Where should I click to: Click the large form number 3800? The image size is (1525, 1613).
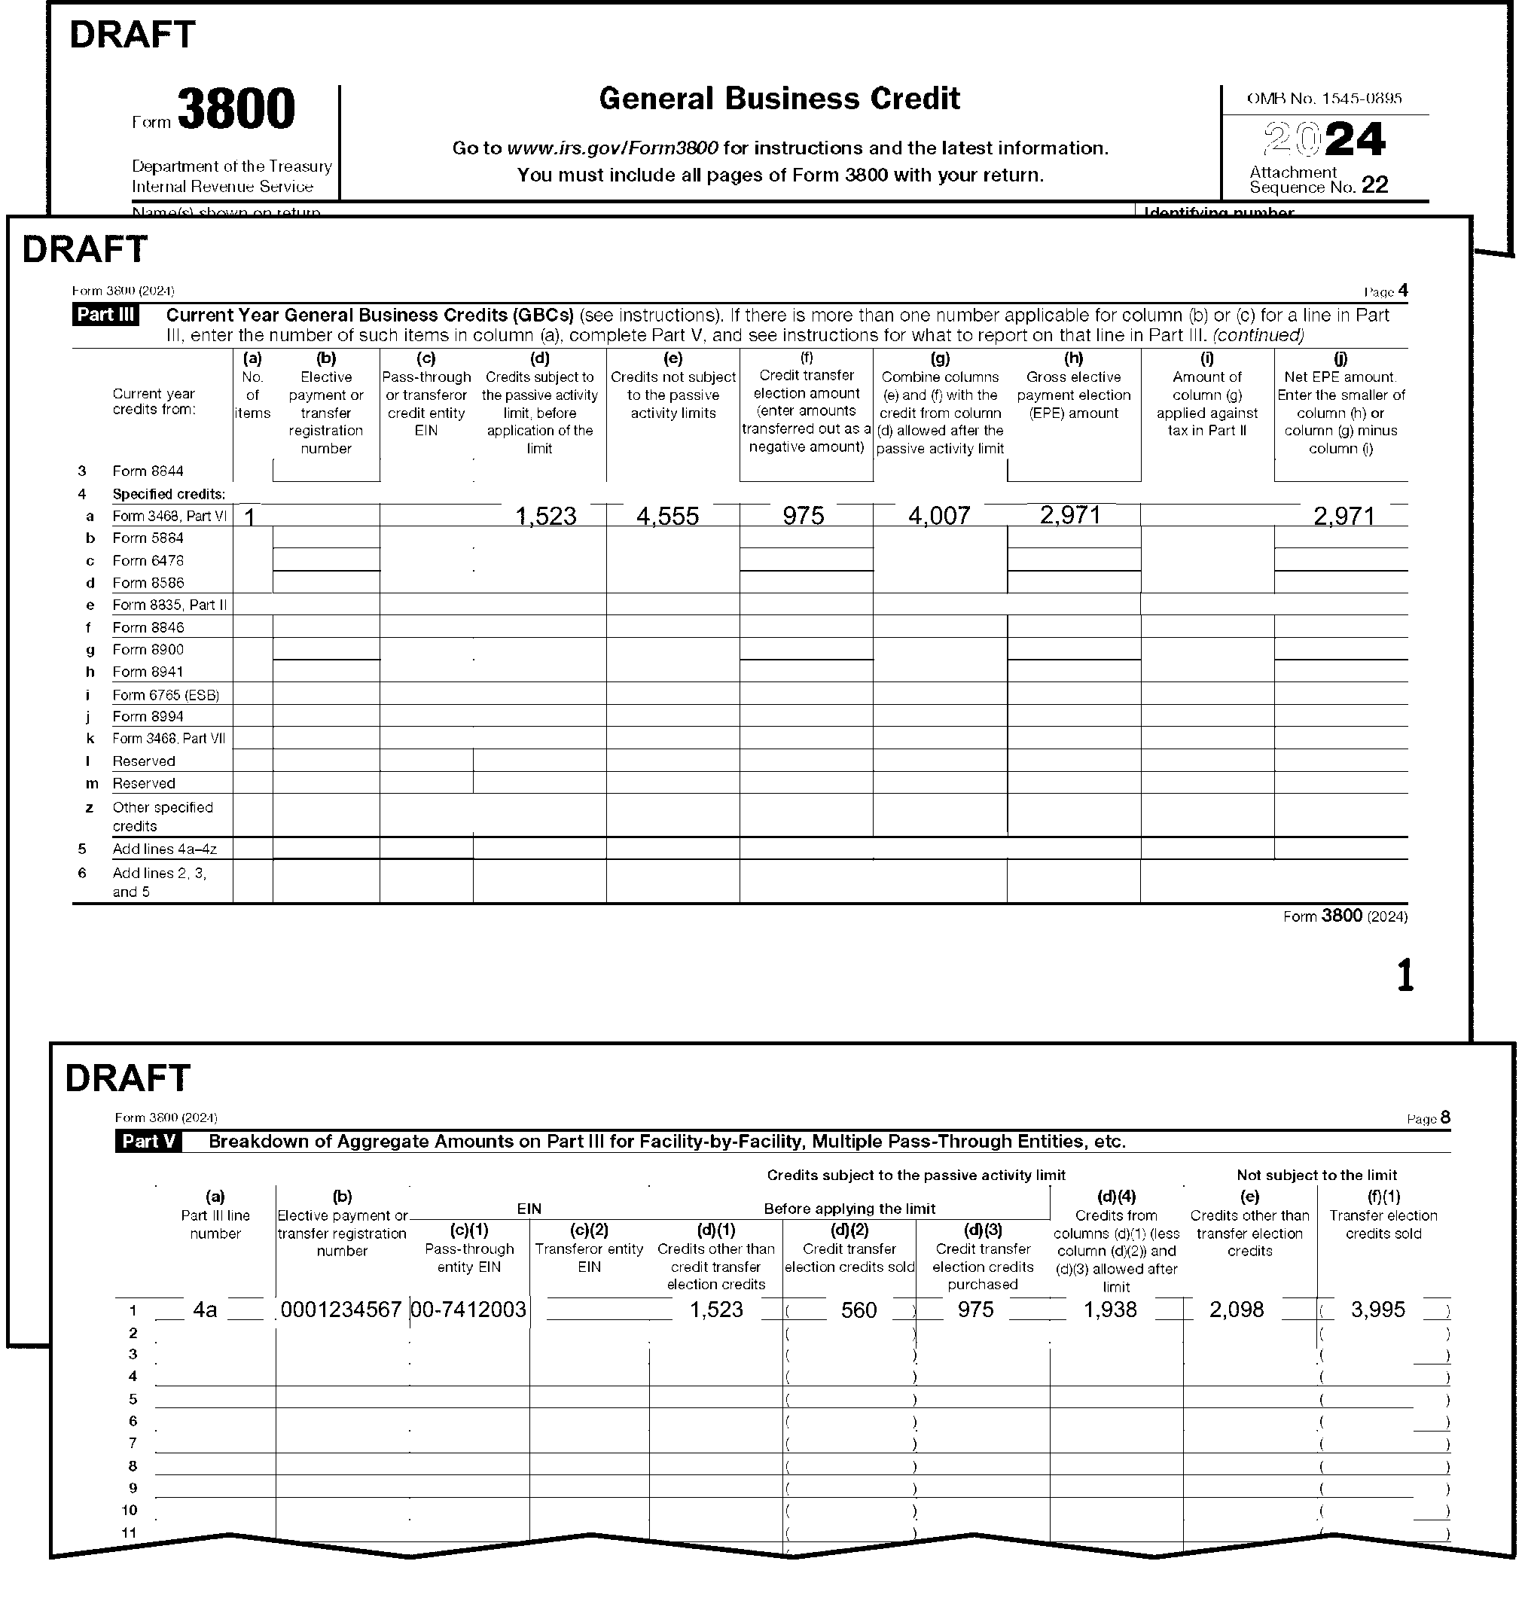tap(236, 110)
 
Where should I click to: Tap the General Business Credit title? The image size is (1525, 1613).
tap(779, 99)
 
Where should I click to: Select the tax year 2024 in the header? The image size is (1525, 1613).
tap(1324, 140)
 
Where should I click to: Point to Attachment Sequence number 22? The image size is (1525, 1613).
tap(1374, 185)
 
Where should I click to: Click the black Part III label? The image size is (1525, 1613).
tap(105, 316)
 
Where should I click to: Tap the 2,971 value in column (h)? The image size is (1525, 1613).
tap(1071, 514)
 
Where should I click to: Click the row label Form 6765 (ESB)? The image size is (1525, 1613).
tap(166, 695)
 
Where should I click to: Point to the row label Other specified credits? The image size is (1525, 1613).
tap(163, 816)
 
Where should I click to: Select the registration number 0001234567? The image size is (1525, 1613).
tap(341, 1310)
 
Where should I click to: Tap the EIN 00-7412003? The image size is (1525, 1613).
tap(469, 1310)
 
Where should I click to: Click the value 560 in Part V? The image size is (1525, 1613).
tap(859, 1310)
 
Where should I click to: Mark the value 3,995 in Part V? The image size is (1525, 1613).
tap(1378, 1310)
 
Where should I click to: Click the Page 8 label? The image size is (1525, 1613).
tap(1429, 1119)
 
